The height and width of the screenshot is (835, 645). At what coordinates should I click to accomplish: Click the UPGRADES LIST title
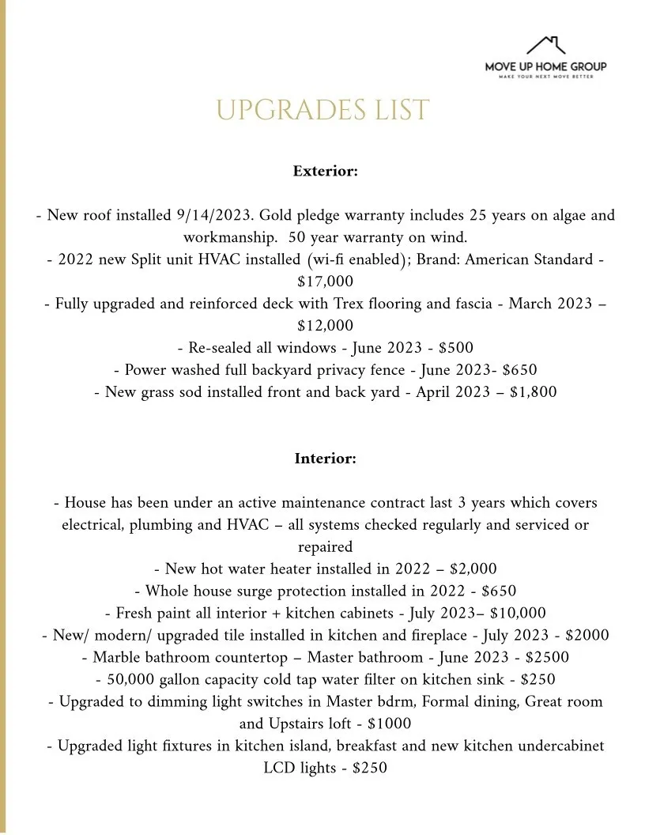point(322,111)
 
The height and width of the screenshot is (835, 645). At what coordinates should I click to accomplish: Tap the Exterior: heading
point(325,171)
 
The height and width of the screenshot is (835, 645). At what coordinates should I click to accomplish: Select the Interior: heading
point(325,459)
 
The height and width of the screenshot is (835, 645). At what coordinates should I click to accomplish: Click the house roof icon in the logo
point(546,45)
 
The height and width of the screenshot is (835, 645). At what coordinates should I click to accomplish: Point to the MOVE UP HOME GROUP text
point(546,67)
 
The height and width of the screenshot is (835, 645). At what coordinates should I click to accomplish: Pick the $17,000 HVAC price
point(325,281)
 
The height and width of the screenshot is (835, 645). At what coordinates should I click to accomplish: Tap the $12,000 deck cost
point(325,325)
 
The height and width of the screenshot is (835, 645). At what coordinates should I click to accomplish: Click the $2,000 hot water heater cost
point(473,569)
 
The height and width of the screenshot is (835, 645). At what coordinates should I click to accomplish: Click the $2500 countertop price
point(547,657)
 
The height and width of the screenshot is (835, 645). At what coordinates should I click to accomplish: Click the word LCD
point(280,768)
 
